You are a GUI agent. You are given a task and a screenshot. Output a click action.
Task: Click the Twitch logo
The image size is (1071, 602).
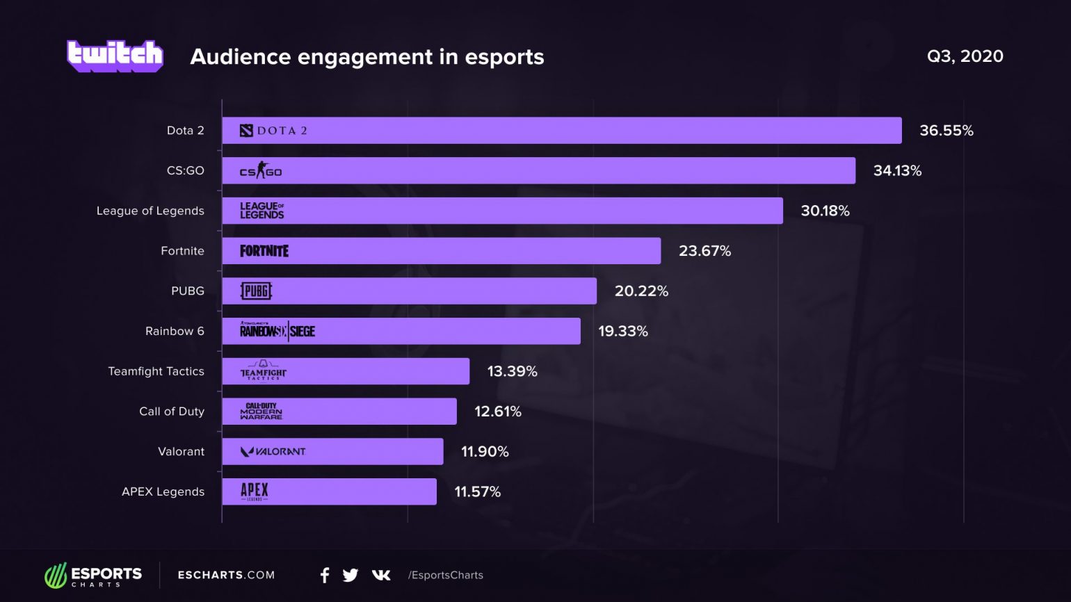[115, 56]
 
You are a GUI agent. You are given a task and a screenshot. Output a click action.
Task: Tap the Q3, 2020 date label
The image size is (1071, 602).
[965, 56]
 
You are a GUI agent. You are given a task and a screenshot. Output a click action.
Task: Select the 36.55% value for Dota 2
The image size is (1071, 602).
[946, 131]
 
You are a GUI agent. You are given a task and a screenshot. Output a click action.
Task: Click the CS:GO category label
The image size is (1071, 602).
[185, 171]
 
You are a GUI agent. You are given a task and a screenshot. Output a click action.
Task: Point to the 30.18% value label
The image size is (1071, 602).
[825, 211]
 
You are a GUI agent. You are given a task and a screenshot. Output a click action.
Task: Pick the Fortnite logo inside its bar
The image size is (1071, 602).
[264, 251]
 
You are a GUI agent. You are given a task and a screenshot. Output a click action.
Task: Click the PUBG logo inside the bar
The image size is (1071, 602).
[256, 291]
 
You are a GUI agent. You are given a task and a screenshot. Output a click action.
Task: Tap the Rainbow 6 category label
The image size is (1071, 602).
[175, 331]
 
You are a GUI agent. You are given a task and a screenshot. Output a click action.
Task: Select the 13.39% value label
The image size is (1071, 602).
[512, 371]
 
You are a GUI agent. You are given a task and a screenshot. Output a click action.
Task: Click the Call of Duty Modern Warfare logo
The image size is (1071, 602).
[261, 412]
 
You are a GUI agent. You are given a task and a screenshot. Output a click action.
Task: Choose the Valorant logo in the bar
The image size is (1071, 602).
[273, 452]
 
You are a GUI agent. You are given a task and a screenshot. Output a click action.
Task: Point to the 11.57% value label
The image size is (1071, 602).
[477, 492]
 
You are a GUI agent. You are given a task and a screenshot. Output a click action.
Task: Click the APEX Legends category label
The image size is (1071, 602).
[163, 492]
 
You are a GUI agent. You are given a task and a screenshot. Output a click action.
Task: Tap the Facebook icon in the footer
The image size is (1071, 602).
[325, 575]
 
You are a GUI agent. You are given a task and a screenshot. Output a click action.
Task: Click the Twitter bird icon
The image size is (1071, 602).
[351, 575]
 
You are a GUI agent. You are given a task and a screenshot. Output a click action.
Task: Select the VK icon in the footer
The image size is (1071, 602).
[381, 575]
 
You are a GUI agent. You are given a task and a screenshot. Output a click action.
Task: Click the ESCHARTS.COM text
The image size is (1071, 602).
[226, 575]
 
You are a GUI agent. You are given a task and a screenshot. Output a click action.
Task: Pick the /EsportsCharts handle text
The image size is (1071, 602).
[446, 575]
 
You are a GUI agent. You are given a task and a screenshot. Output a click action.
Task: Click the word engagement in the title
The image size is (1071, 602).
[365, 57]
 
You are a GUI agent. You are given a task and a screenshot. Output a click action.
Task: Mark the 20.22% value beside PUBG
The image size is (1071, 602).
[641, 291]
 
